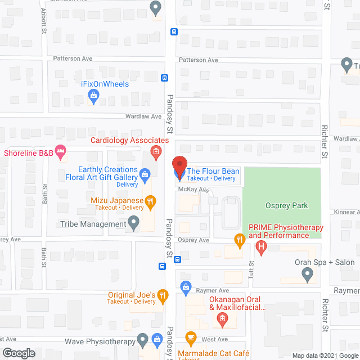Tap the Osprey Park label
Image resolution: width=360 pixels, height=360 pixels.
coord(286,206)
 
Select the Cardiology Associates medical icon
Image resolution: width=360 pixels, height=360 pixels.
coord(156,151)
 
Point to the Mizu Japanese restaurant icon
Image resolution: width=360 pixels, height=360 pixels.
coord(150,201)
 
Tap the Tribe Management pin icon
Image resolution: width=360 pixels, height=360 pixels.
coord(134,224)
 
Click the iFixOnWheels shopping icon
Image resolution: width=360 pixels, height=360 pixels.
coord(94,97)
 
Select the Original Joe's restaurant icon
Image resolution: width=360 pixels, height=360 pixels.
coord(163,295)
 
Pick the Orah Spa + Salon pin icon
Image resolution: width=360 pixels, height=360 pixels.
coord(307,274)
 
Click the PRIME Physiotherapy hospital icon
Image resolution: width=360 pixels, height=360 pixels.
coord(261,246)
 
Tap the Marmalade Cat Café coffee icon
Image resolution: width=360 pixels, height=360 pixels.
coord(190,338)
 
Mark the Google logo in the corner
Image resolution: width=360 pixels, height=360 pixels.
coord(18,353)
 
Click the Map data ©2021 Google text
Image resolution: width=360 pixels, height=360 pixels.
coord(324,355)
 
